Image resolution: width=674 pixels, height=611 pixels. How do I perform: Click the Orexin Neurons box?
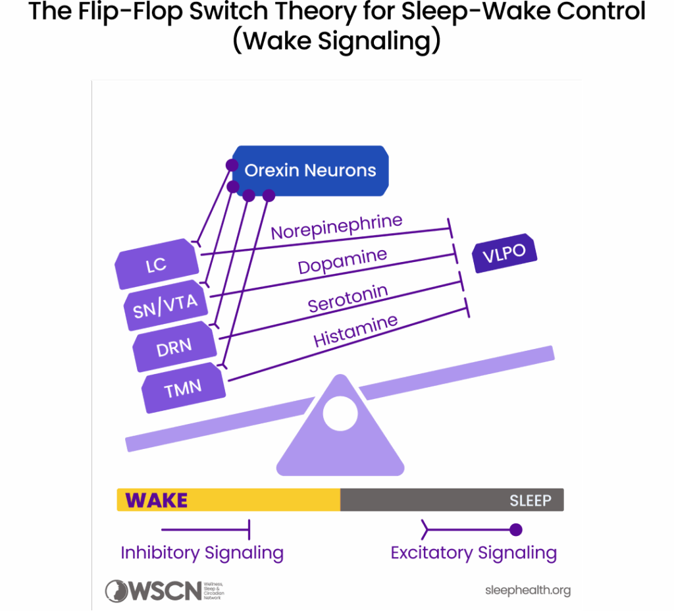(310, 171)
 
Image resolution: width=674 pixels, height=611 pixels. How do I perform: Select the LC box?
(157, 265)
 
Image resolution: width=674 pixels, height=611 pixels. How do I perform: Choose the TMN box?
(184, 388)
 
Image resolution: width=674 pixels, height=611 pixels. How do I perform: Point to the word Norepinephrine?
(336, 226)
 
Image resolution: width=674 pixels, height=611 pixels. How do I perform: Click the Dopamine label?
(342, 261)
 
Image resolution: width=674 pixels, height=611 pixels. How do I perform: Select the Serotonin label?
(348, 298)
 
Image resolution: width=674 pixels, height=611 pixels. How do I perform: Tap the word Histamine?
(355, 330)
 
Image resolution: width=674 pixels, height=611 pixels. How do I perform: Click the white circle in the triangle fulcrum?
(340, 413)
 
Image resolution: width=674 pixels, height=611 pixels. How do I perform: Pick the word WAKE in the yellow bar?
(157, 500)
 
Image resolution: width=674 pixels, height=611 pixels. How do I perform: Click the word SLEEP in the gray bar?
(530, 500)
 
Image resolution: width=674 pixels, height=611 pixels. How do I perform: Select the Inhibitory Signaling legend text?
(202, 552)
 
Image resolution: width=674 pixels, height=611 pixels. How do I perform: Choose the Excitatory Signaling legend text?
(473, 552)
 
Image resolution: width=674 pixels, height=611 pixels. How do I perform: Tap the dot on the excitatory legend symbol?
(516, 529)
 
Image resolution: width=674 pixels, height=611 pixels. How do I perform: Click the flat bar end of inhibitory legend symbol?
(249, 529)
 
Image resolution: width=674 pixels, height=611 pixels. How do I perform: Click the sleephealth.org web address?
(527, 590)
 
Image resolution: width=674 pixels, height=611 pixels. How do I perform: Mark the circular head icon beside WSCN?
(117, 591)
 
